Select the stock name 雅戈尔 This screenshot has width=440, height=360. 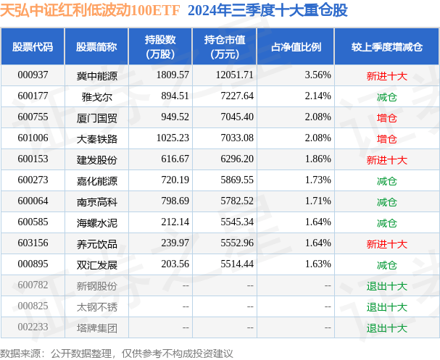click(96, 96)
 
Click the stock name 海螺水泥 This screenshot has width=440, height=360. click(96, 222)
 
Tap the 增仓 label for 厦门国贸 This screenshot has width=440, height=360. click(386, 117)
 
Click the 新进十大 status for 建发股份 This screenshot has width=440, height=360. click(386, 159)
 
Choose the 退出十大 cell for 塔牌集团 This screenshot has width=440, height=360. click(386, 328)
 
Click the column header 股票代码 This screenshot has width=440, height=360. click(33, 46)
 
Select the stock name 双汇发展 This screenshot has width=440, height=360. click(96, 264)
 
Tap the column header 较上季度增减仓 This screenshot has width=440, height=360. click(386, 46)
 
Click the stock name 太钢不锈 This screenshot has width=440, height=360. click(96, 306)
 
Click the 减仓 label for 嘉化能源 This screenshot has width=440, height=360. click(386, 180)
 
